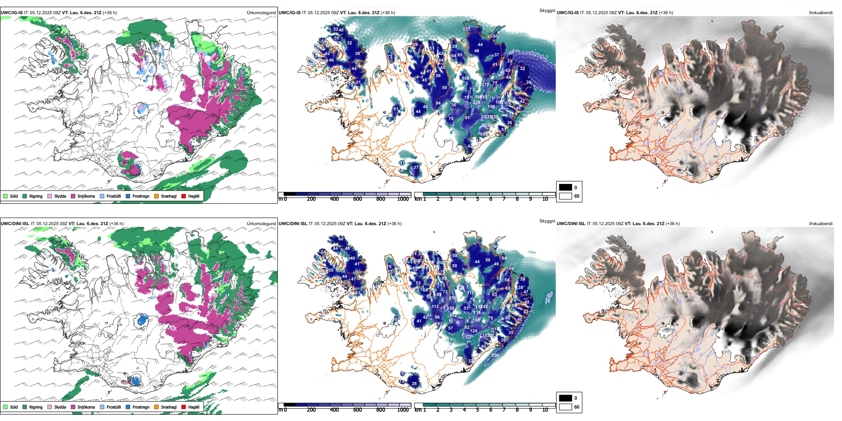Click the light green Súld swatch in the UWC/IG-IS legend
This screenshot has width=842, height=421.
point(5,196)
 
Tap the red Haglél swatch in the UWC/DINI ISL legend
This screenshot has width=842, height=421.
point(184,407)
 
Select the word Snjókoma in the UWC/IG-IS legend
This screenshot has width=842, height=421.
point(86,196)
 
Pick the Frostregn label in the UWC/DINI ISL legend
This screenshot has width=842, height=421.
point(141,407)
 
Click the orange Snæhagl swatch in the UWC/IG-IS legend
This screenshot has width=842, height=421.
point(156,196)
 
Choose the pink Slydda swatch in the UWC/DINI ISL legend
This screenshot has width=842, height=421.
point(50,407)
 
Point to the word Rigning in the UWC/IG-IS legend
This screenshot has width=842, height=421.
point(36,196)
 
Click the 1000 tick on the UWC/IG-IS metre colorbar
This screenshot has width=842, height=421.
point(403,199)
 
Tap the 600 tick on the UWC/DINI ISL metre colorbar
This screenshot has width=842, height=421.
point(358,410)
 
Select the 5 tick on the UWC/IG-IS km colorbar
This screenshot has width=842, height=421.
point(477,199)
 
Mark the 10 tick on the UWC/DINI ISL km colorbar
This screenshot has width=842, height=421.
point(545,410)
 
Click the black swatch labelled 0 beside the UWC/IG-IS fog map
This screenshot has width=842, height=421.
point(565,187)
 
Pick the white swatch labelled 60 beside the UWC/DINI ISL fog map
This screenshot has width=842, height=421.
point(565,407)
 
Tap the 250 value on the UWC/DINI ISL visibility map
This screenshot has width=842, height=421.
point(495,355)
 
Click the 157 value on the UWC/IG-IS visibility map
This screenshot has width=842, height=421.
point(467,29)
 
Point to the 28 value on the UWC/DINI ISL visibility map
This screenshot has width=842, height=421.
point(414,384)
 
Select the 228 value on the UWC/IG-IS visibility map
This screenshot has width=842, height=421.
point(495,117)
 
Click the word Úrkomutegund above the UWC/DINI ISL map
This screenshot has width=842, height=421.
point(261,224)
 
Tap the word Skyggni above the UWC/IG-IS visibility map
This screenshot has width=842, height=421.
point(547,11)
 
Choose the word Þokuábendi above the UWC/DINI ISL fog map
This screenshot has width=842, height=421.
point(821,224)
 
